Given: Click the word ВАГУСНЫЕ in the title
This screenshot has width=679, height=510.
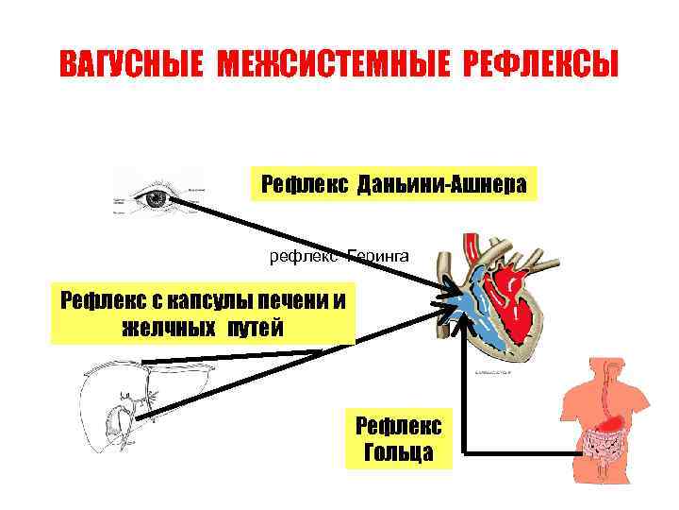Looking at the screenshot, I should pos(131,65).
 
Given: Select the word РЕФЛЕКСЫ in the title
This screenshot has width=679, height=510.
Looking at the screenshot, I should pos(540,65).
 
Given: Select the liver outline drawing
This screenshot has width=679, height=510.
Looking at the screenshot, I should pos(132,406).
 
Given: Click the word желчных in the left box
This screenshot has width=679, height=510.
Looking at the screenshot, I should pos(160,328).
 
